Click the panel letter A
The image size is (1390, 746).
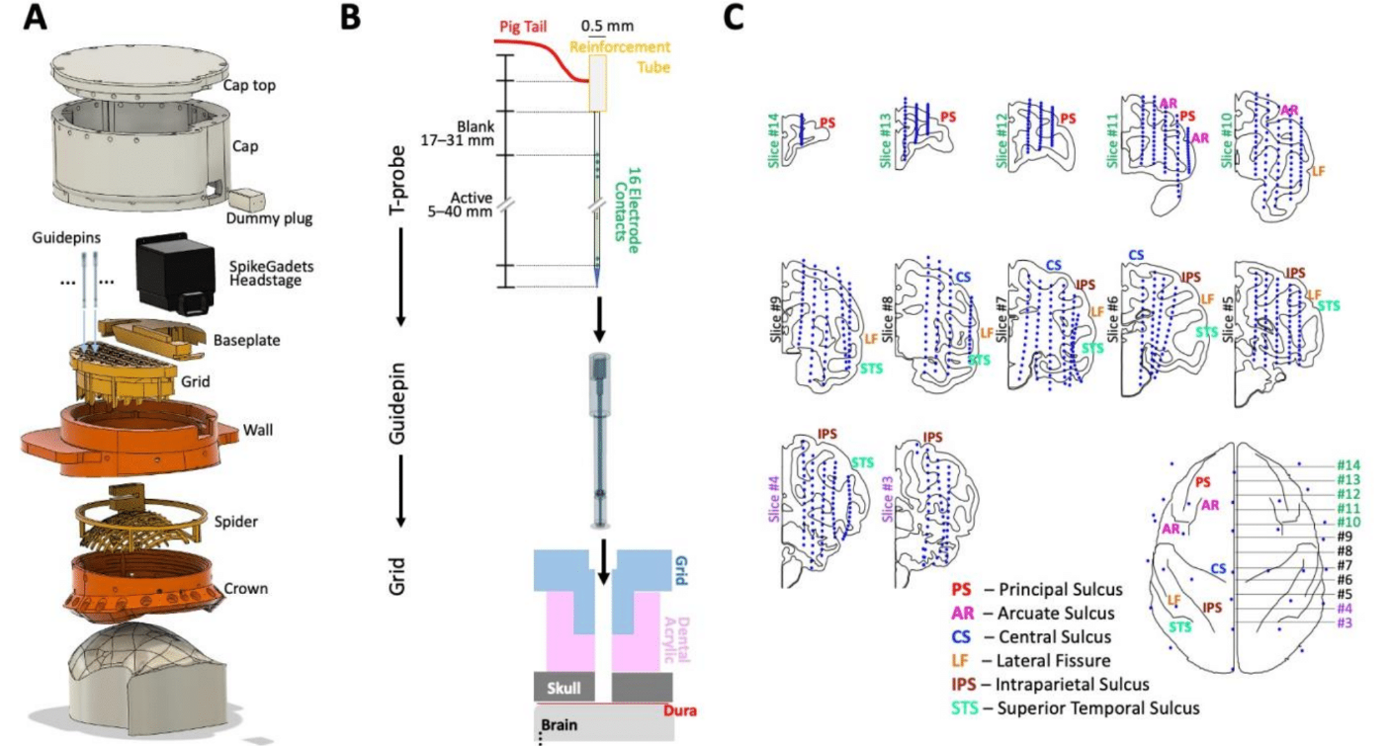click(35, 18)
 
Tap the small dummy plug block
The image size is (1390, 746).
click(247, 201)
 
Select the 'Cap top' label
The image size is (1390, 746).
click(249, 85)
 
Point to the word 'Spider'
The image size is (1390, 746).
click(236, 522)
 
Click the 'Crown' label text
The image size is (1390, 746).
click(246, 589)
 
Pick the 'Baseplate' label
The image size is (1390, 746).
click(246, 341)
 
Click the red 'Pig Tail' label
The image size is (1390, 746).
click(523, 27)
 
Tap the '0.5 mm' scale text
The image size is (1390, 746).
click(607, 26)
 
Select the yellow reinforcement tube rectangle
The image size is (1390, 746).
click(597, 83)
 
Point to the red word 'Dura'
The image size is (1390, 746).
click(679, 710)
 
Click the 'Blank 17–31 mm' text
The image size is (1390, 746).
click(458, 133)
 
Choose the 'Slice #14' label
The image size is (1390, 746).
click(773, 141)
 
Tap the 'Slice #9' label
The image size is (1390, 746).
click(776, 320)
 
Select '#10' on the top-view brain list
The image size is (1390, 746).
click(1348, 522)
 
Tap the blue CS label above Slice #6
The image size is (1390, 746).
click(1136, 255)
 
